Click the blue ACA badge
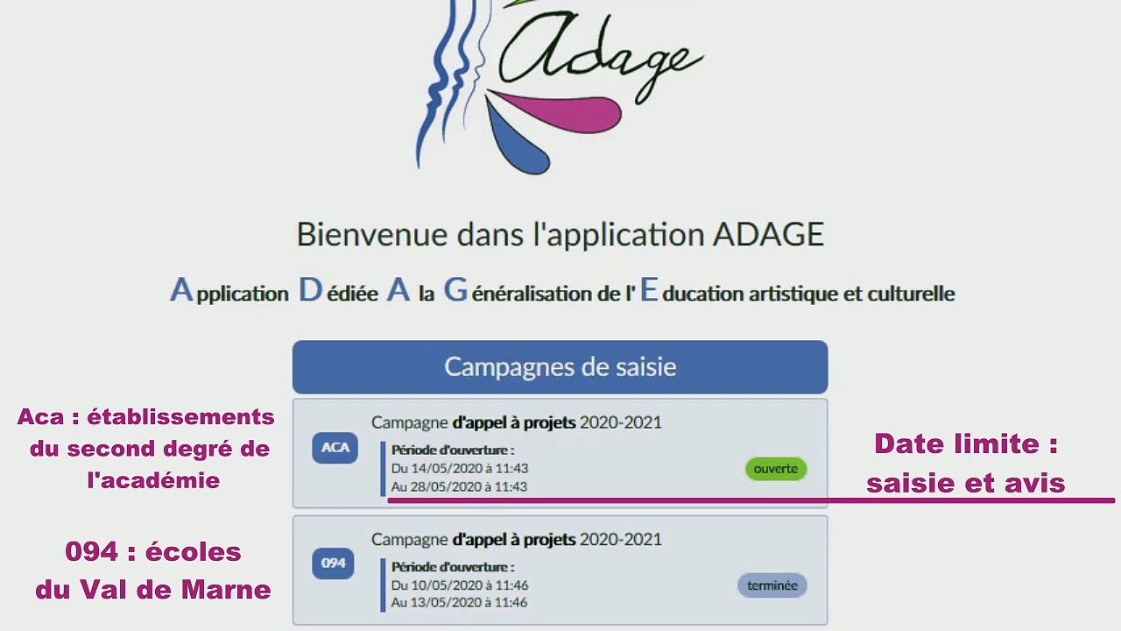point(335,448)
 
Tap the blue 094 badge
point(333,564)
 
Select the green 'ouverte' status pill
point(776,469)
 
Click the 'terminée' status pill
point(772,585)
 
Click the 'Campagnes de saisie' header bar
point(560,366)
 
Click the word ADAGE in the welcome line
point(768,235)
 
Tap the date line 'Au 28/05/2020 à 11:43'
point(459,486)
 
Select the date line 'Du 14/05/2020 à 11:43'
point(460,469)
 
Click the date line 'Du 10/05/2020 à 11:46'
point(460,585)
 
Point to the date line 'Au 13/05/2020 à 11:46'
point(459,603)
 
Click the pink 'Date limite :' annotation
point(966,444)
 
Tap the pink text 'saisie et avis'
point(965,483)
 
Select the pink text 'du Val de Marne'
point(153,590)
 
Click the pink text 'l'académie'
point(153,480)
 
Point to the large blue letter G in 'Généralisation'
point(455,290)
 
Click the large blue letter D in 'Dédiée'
point(311,290)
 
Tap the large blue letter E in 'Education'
point(648,290)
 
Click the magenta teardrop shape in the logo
point(569,111)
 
